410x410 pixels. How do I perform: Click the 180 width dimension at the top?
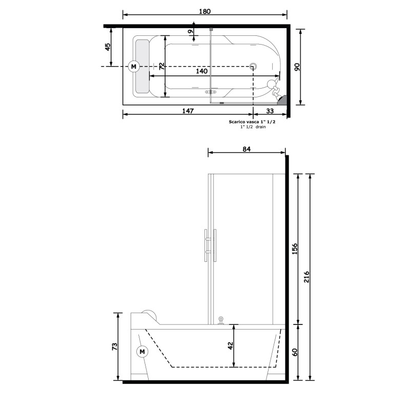tap(204, 11)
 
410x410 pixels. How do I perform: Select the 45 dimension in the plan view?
tap(108, 47)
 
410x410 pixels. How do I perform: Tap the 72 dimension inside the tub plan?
tap(162, 66)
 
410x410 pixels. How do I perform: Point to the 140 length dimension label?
tap(201, 71)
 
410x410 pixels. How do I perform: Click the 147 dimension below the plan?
tap(188, 111)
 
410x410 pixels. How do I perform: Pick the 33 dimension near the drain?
tap(270, 111)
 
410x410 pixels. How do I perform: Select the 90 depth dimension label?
tap(297, 67)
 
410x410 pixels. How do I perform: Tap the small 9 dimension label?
tap(190, 32)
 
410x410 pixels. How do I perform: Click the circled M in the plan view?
tap(134, 67)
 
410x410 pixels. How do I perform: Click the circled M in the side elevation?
tap(142, 352)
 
